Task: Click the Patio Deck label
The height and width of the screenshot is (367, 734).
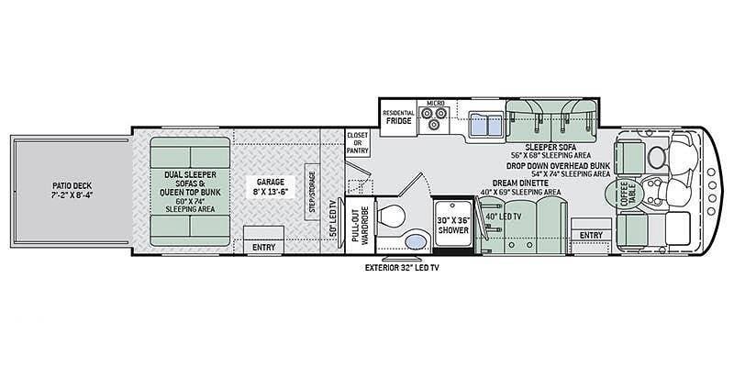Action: coord(72,190)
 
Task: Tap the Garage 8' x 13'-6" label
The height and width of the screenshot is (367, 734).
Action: coord(271,186)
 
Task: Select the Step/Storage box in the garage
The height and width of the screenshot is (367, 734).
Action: coord(312,192)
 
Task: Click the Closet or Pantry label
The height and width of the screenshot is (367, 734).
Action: coord(358,143)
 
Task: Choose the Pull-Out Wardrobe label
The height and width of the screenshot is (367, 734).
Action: coord(361,226)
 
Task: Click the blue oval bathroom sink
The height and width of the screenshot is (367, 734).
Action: coord(416,242)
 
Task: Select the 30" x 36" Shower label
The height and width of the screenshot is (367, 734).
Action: coord(452,226)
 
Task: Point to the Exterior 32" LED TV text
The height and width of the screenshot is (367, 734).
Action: coord(402,268)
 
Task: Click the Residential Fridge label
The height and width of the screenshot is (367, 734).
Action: coord(398,117)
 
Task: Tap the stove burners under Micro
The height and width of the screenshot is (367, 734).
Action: coord(433,118)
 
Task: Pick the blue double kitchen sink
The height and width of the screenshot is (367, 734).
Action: coord(485,124)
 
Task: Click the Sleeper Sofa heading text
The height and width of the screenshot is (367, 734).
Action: coord(550,147)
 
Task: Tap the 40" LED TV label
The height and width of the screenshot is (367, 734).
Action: coord(504,217)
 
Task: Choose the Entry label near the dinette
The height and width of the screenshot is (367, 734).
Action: coord(591,236)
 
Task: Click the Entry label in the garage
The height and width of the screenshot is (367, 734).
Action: coord(263,248)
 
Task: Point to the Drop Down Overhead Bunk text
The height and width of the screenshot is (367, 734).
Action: coord(558,166)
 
